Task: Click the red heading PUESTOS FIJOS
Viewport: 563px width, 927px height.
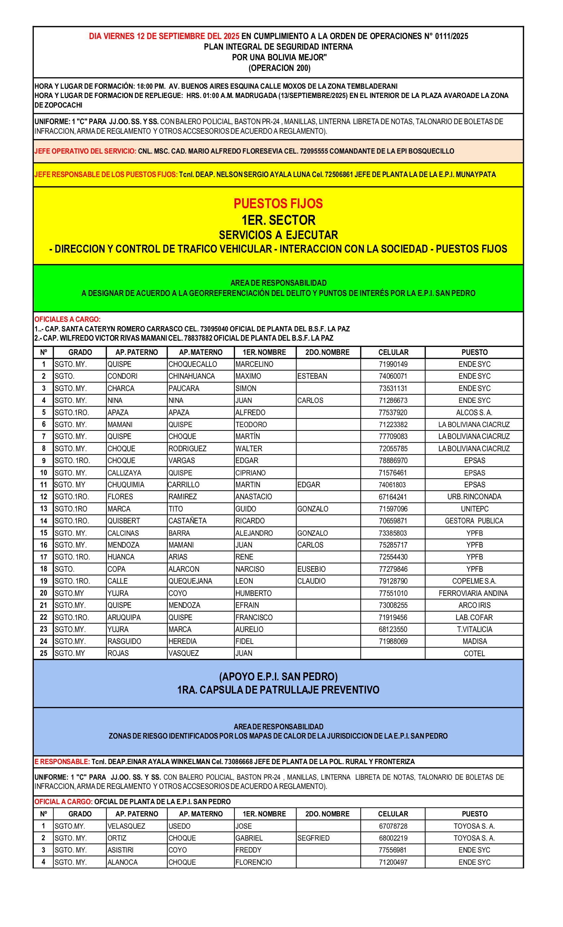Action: (278, 204)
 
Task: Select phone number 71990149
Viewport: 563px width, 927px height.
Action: (393, 364)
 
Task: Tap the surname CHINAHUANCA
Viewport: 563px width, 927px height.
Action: (191, 376)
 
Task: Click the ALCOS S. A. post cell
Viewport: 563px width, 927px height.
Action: (474, 412)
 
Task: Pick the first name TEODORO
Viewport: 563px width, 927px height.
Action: (251, 424)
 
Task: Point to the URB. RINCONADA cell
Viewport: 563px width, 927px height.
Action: (474, 497)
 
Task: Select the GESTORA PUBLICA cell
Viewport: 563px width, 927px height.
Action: (474, 521)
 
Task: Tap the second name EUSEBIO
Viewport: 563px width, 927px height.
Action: (311, 569)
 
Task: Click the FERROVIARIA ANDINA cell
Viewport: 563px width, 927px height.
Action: (473, 593)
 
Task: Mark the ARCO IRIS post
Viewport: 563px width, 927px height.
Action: (474, 605)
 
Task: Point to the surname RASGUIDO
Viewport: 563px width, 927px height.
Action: (124, 641)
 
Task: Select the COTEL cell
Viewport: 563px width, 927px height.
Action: (474, 654)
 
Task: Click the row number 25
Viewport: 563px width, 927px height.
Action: (44, 654)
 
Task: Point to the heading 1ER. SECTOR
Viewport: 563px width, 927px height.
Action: (278, 220)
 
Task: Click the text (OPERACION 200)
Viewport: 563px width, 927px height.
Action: (279, 68)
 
